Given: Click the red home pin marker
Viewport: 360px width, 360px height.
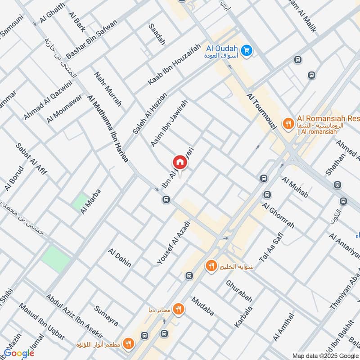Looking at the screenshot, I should (x=180, y=162).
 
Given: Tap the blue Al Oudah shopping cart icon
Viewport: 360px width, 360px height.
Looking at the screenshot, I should (x=246, y=51).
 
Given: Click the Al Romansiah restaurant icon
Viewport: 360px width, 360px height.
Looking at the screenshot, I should (x=287, y=122).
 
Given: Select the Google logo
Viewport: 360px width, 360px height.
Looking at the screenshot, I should (x=19, y=353).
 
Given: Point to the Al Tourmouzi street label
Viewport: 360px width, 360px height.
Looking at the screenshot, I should (x=261, y=112).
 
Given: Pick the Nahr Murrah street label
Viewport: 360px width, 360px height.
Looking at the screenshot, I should (x=108, y=88).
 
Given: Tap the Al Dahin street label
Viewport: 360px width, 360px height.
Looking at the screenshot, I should (x=120, y=257).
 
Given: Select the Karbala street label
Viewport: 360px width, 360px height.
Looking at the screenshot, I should (x=243, y=317).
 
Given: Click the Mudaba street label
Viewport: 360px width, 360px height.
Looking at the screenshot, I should (x=202, y=306).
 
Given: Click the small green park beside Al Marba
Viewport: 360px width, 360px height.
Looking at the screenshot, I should (x=81, y=201).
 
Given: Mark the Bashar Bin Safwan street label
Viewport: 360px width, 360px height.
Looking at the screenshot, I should (x=92, y=39).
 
